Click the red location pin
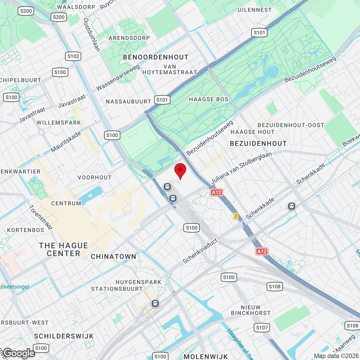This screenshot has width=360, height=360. (x=180, y=170)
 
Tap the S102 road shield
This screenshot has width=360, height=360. (x=73, y=56)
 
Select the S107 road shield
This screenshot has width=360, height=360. (x=262, y=327)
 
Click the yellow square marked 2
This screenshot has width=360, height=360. (x=236, y=216)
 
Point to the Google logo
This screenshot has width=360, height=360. (x=19, y=353)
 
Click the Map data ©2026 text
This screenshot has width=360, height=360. (x=336, y=356)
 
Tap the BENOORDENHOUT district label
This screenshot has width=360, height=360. (x=156, y=57)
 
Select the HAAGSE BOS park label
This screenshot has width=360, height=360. (x=208, y=99)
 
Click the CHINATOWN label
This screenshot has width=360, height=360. (x=114, y=256)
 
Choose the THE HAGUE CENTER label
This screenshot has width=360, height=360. (x=64, y=249)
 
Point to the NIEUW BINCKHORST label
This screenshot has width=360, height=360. (x=251, y=310)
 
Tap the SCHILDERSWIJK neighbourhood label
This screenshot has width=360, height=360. (x=64, y=336)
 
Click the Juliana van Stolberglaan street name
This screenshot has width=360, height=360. (x=241, y=168)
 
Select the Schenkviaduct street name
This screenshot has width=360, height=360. (x=200, y=251)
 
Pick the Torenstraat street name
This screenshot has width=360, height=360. (x=40, y=217)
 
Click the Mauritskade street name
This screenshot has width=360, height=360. (x=66, y=142)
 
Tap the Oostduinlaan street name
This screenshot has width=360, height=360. (x=92, y=35)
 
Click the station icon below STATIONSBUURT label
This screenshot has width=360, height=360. (x=155, y=303)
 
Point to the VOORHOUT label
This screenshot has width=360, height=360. (x=95, y=177)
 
